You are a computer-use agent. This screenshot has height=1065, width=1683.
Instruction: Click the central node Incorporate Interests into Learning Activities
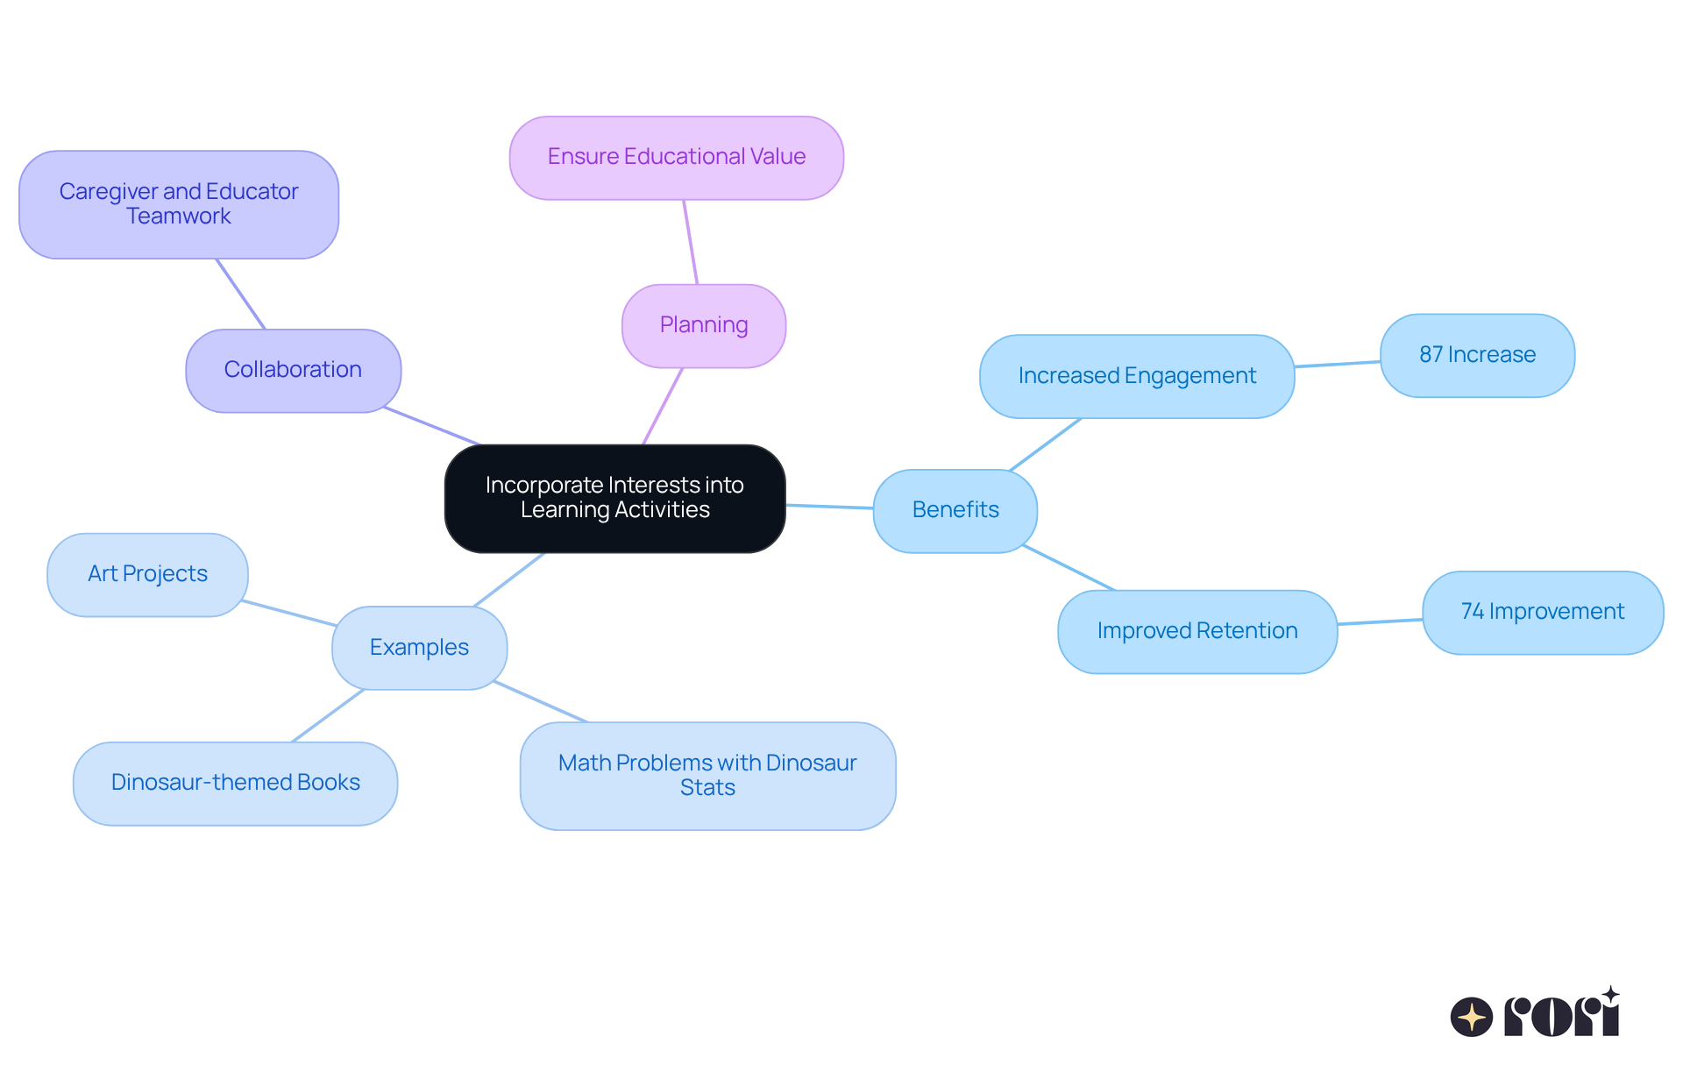pos(614,498)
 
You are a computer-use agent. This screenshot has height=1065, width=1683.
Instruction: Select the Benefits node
pos(955,510)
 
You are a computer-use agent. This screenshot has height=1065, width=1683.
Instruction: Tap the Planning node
pos(703,325)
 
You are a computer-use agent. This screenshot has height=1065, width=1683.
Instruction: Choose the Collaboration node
pos(293,370)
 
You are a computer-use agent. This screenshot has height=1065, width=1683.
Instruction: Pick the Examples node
pos(419,648)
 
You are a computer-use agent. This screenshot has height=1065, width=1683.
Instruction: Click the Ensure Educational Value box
pos(676,157)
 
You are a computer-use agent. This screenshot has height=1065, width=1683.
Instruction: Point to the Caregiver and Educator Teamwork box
pos(179,204)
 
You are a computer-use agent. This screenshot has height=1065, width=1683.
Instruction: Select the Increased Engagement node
pos(1136,376)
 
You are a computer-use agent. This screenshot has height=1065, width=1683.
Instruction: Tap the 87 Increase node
pos(1477,355)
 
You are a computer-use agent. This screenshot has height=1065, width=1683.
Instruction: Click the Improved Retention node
pos(1197,631)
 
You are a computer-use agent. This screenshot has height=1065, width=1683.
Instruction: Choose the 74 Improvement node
pos(1542,612)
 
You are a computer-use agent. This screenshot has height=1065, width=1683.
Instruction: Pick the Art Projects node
pos(147,574)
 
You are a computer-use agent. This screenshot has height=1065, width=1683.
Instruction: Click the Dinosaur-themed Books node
pos(235,783)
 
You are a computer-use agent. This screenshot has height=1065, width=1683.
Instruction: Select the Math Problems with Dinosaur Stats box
pos(707,775)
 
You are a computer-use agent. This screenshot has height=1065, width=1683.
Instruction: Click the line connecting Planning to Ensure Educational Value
pos(691,242)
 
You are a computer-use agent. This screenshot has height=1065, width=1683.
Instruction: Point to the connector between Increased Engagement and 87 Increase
pos(1338,364)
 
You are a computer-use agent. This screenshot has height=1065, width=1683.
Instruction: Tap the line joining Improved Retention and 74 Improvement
pos(1380,621)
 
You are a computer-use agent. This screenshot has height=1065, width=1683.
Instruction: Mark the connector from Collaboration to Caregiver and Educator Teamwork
pos(240,294)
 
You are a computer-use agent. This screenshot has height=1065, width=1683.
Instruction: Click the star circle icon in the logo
pos(1471,1017)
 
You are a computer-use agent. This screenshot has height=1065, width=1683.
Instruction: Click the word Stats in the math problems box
pos(707,788)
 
